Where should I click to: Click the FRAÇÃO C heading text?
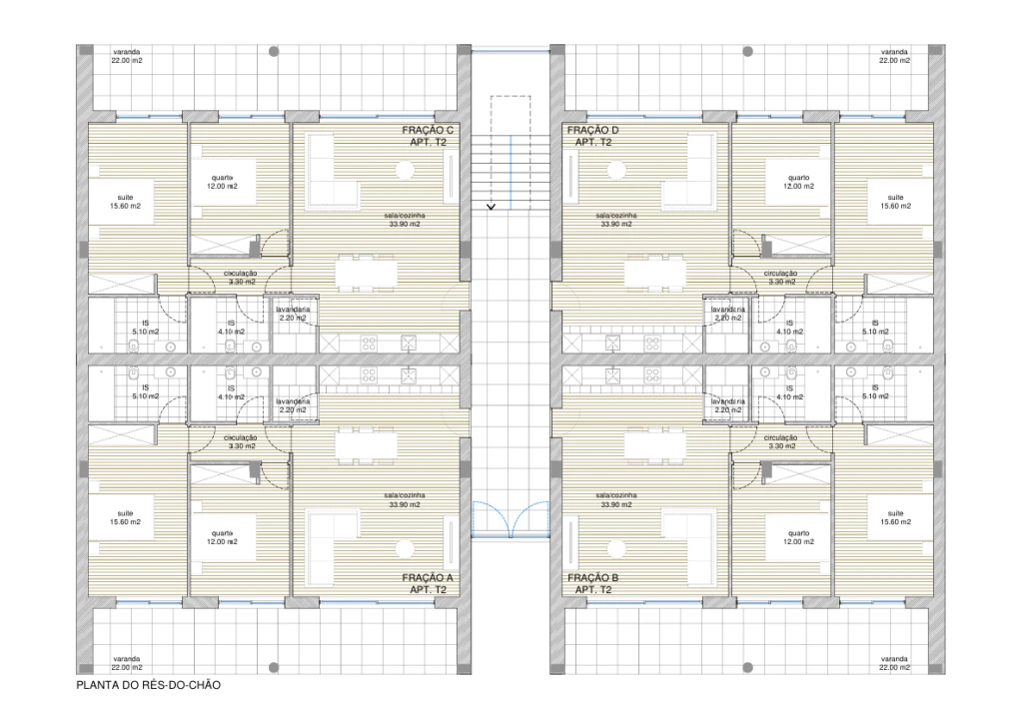click(428, 131)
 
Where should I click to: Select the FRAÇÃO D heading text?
click(593, 131)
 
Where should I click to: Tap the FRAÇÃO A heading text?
click(428, 578)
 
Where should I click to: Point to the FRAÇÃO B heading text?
click(593, 578)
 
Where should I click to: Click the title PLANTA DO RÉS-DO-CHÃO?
click(147, 686)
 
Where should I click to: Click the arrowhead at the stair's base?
click(491, 207)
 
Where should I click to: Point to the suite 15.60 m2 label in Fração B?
click(895, 518)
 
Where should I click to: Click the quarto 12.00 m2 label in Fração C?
click(223, 183)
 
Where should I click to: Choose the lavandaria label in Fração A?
click(296, 404)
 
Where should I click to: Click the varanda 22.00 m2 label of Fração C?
click(126, 56)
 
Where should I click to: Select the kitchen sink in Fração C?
click(409, 343)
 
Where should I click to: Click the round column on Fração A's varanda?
click(273, 665)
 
